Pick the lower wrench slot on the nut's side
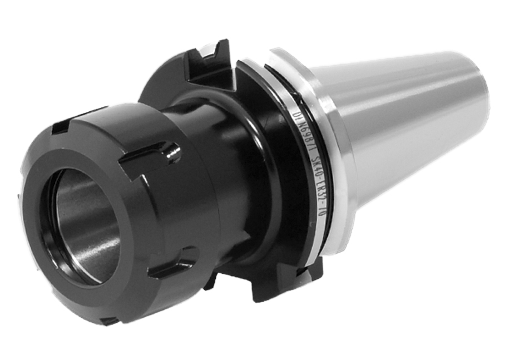172,264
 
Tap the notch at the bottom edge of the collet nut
108,320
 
